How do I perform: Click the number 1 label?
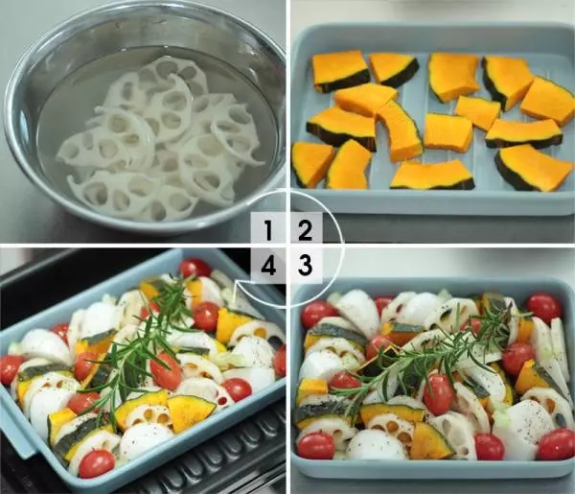[268, 231]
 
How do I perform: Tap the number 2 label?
[305, 231]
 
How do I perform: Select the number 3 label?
[305, 265]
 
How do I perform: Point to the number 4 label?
[268, 266]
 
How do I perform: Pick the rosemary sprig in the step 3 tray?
[429, 352]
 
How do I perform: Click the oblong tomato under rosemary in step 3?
[439, 394]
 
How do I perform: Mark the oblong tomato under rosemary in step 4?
[166, 371]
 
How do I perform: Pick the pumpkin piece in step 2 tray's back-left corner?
[340, 71]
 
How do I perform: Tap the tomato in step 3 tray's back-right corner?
[543, 308]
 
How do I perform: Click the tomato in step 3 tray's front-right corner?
[556, 444]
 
